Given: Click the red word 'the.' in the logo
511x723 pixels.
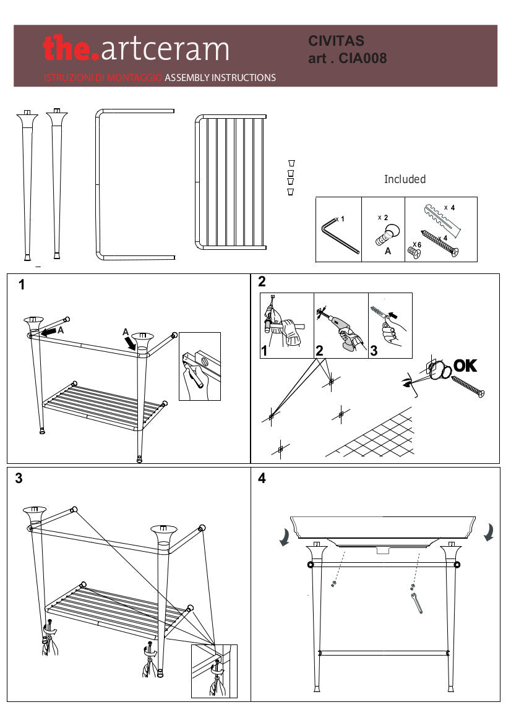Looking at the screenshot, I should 71,48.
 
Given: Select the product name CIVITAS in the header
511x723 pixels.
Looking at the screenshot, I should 337,41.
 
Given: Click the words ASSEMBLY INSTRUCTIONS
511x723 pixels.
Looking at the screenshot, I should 220,78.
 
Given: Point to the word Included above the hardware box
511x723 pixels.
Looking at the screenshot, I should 405,179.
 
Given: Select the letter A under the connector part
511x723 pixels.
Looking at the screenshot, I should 388,252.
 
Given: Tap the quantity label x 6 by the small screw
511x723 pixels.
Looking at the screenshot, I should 417,245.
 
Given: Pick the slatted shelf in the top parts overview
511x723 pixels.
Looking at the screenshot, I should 231,181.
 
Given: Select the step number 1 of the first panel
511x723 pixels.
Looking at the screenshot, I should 22,285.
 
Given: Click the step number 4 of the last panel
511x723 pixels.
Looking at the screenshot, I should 262,479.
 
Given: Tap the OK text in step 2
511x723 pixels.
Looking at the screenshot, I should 465,366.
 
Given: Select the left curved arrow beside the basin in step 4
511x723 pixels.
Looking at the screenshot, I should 285,537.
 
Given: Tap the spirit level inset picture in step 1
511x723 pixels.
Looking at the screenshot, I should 199,366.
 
